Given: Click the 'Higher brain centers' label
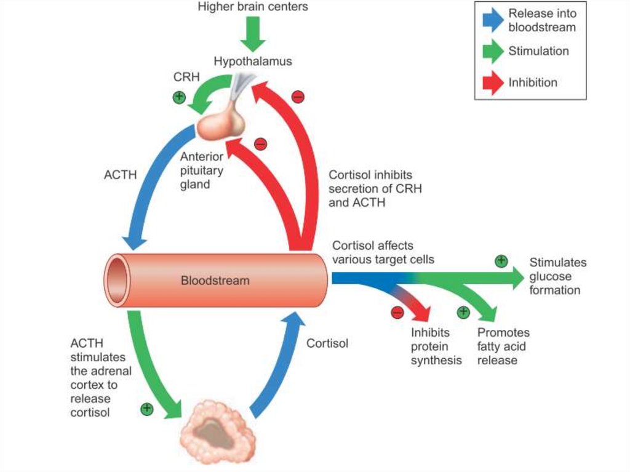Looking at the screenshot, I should tap(252, 7).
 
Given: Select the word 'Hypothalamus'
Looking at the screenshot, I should tap(252, 62).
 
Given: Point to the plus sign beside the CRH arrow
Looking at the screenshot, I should tap(179, 97).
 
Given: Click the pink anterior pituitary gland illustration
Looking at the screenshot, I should tap(221, 122).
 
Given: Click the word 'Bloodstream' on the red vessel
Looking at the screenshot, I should tap(215, 281).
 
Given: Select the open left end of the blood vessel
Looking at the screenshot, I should tap(117, 280).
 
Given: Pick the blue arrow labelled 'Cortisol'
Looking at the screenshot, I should tap(277, 363).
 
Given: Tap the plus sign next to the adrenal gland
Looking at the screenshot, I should tap(146, 408).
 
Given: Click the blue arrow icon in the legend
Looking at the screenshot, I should tap(493, 20).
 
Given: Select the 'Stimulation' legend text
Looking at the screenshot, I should tap(538, 51).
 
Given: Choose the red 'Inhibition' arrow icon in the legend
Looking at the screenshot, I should tap(493, 82).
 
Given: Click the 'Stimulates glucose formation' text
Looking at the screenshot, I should tap(557, 276).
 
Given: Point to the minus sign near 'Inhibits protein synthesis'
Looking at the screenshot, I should tap(397, 312).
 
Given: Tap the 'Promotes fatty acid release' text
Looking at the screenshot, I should tap(503, 346).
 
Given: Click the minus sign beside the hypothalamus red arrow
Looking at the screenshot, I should tap(298, 96).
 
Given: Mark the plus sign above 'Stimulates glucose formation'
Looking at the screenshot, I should tap(501, 260).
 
